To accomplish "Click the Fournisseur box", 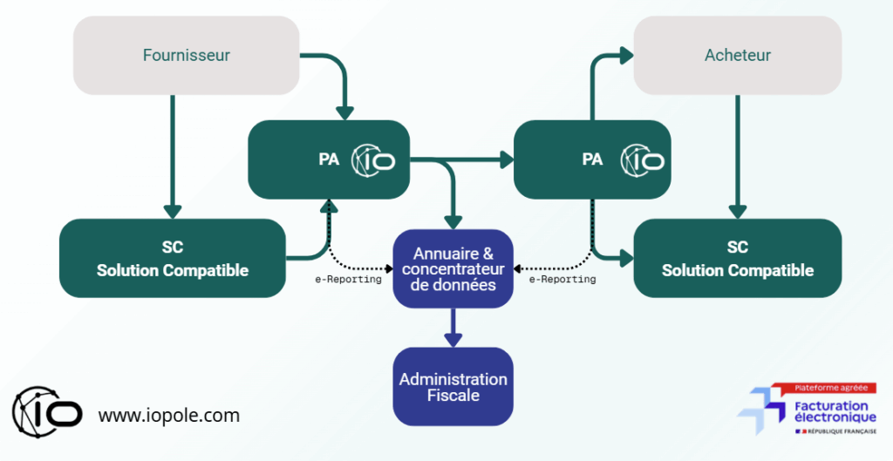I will tap(186, 56).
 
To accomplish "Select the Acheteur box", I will tap(737, 56).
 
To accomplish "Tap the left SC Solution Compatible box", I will tap(172, 259).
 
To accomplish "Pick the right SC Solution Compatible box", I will tap(737, 259).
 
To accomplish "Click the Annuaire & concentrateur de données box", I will tap(453, 269).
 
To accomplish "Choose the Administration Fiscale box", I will tap(453, 387).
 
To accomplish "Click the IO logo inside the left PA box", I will tap(373, 160).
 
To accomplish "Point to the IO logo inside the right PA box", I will tap(642, 160).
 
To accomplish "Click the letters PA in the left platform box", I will tap(329, 160).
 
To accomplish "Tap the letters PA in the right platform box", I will tap(592, 160).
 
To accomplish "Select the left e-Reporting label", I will tap(348, 280).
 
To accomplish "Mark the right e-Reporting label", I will tap(562, 280).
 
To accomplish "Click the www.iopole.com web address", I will tap(168, 416).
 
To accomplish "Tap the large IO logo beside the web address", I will tap(47, 410).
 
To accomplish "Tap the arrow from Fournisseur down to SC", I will tap(173, 157).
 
